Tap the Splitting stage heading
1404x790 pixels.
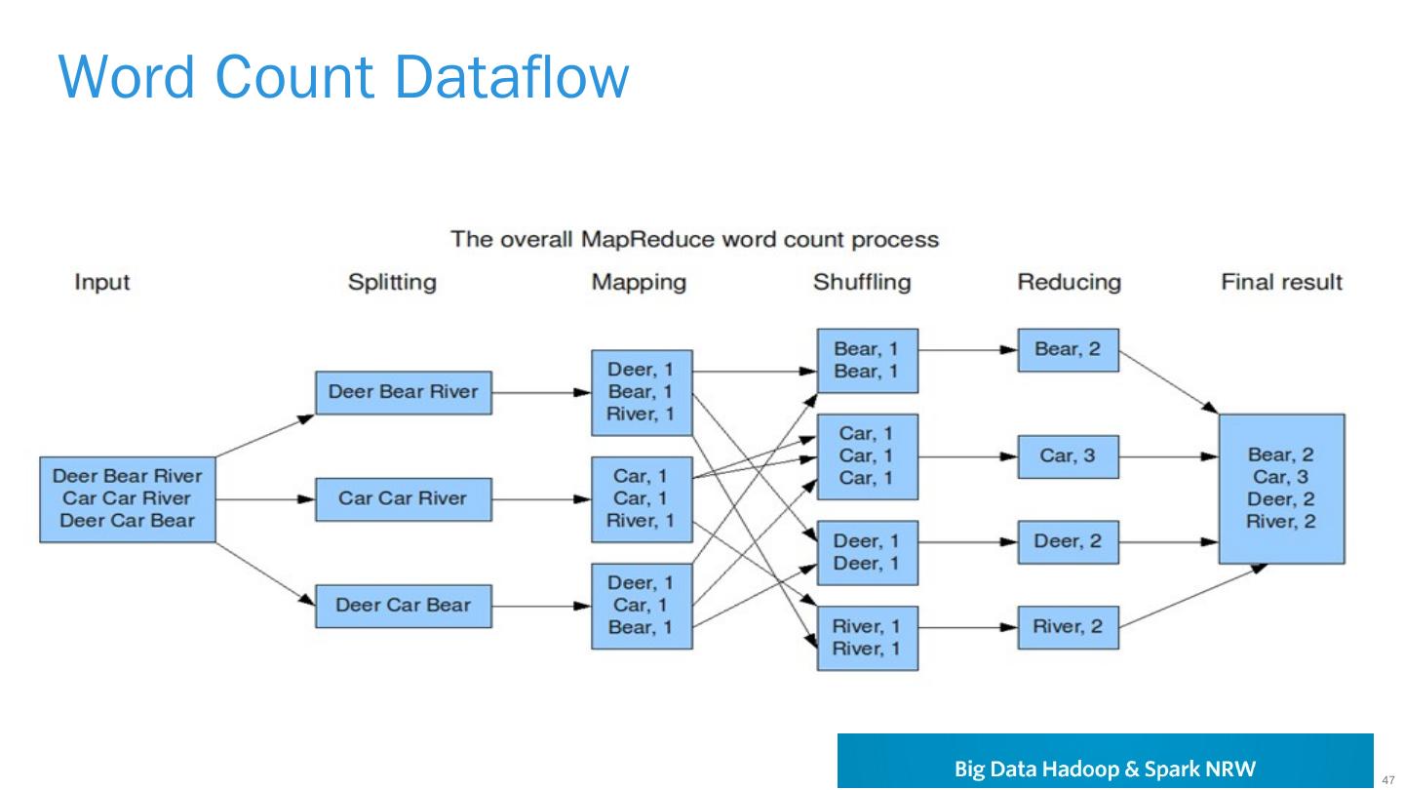coord(392,283)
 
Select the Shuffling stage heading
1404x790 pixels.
coord(862,283)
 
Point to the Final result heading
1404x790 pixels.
coord(1281,283)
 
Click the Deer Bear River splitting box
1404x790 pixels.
coord(403,392)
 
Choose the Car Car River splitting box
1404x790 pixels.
coord(403,498)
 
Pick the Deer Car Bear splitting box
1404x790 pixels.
coord(403,606)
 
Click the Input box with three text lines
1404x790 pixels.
coord(128,498)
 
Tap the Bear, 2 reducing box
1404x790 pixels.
coord(1068,349)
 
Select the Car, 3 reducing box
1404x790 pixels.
coord(1068,455)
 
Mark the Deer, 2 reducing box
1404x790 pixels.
coord(1068,541)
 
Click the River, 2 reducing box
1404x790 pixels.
coord(1068,627)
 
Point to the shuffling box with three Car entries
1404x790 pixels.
coord(867,455)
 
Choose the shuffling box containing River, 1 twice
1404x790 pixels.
coord(867,637)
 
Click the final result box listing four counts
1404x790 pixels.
coord(1281,488)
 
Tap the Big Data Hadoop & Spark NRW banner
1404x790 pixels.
coord(1105,761)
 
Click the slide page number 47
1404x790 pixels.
coord(1388,778)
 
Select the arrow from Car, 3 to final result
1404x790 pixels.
coord(1168,455)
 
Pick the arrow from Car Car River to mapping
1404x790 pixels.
coord(541,498)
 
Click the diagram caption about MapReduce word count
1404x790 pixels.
coord(694,239)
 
